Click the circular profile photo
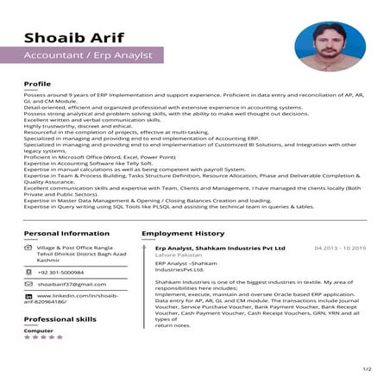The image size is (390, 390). coord(330,48)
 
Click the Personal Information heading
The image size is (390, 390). coord(66,233)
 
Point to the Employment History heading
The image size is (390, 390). coord(182,233)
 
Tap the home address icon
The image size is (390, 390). coord(28,248)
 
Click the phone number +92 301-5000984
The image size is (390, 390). coord(66,272)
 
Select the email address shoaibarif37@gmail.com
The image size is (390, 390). coord(72,284)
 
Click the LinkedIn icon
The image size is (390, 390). coord(28,296)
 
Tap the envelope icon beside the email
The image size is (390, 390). coord(28,284)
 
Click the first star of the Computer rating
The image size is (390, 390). coord(27,337)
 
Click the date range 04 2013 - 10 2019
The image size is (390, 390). coord(340,248)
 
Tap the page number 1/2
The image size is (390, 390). coord(368,369)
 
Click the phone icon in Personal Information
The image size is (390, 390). coord(28,272)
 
